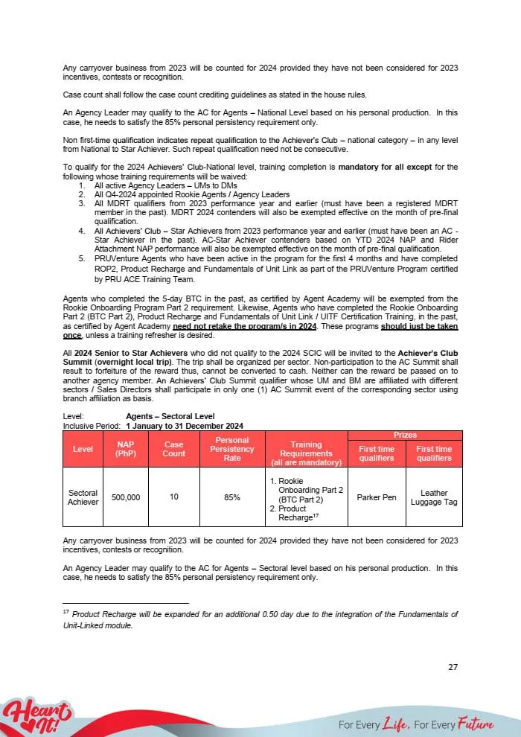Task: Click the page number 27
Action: point(453,666)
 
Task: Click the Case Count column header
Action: point(173,448)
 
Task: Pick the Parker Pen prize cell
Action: point(377,497)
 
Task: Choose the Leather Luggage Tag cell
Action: point(434,497)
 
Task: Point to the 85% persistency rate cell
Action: point(231,497)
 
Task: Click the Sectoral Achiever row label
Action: point(83,497)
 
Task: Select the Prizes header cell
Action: point(405,435)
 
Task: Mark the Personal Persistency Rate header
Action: point(231,448)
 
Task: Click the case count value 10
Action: point(173,497)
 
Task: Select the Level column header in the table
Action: point(83,448)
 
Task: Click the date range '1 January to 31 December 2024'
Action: point(185,426)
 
